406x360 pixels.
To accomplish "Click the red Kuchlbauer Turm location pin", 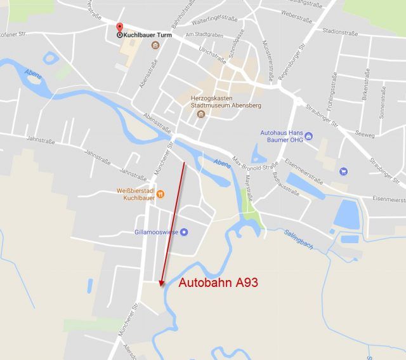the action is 119,28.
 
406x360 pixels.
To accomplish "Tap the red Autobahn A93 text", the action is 218,283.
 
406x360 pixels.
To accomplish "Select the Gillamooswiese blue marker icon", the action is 184,232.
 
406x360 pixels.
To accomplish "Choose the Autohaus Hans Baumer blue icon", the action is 308,135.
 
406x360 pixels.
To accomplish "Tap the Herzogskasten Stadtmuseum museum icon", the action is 201,114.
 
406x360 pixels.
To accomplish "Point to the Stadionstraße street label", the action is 339,31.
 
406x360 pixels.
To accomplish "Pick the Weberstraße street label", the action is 296,12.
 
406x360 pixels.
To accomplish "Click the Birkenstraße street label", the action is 364,89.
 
